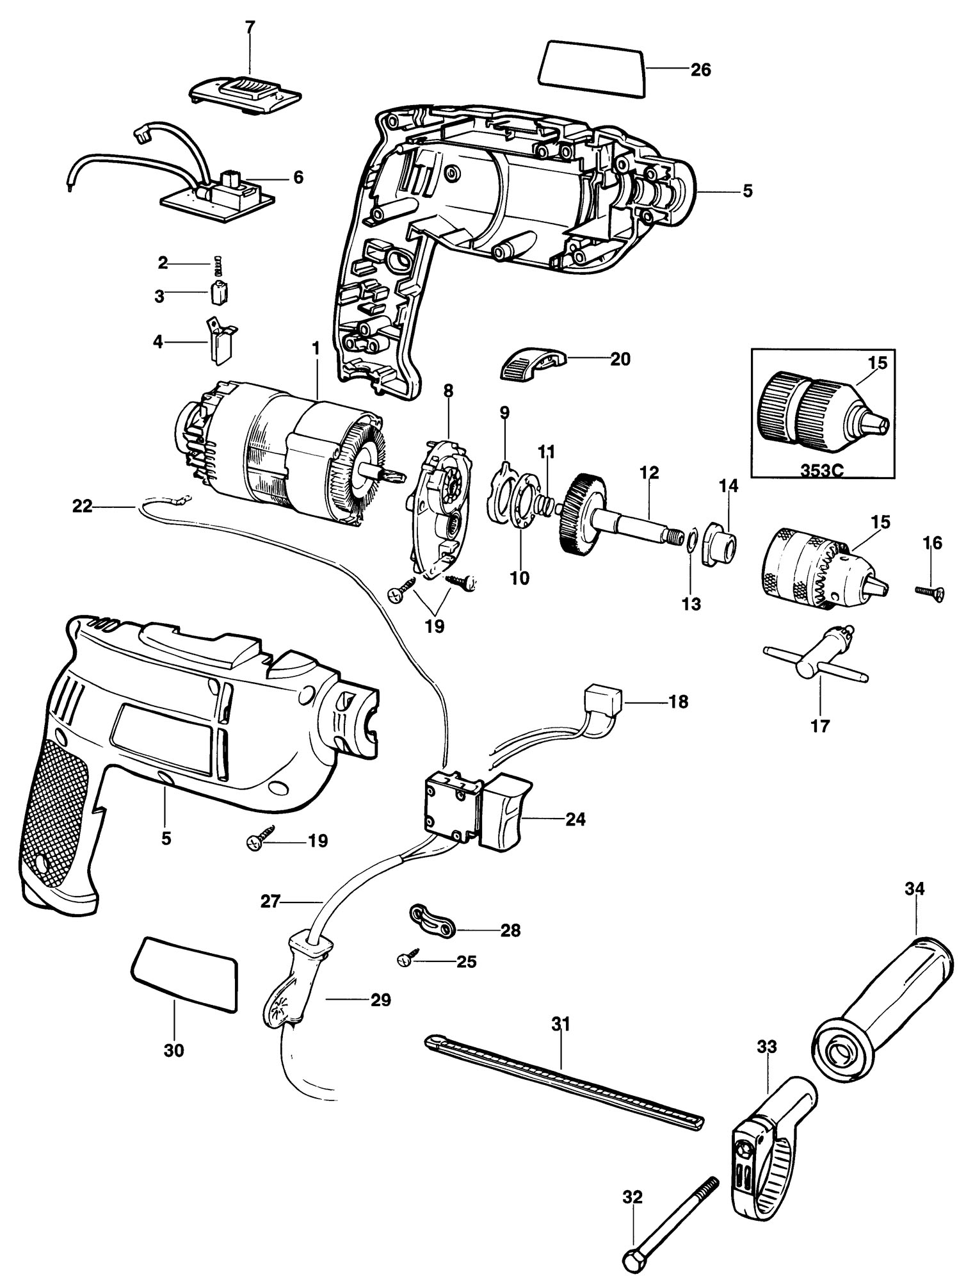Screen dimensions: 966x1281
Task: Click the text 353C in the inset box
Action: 822,468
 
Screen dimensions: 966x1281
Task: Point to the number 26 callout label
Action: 700,69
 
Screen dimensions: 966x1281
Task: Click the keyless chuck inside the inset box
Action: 823,412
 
